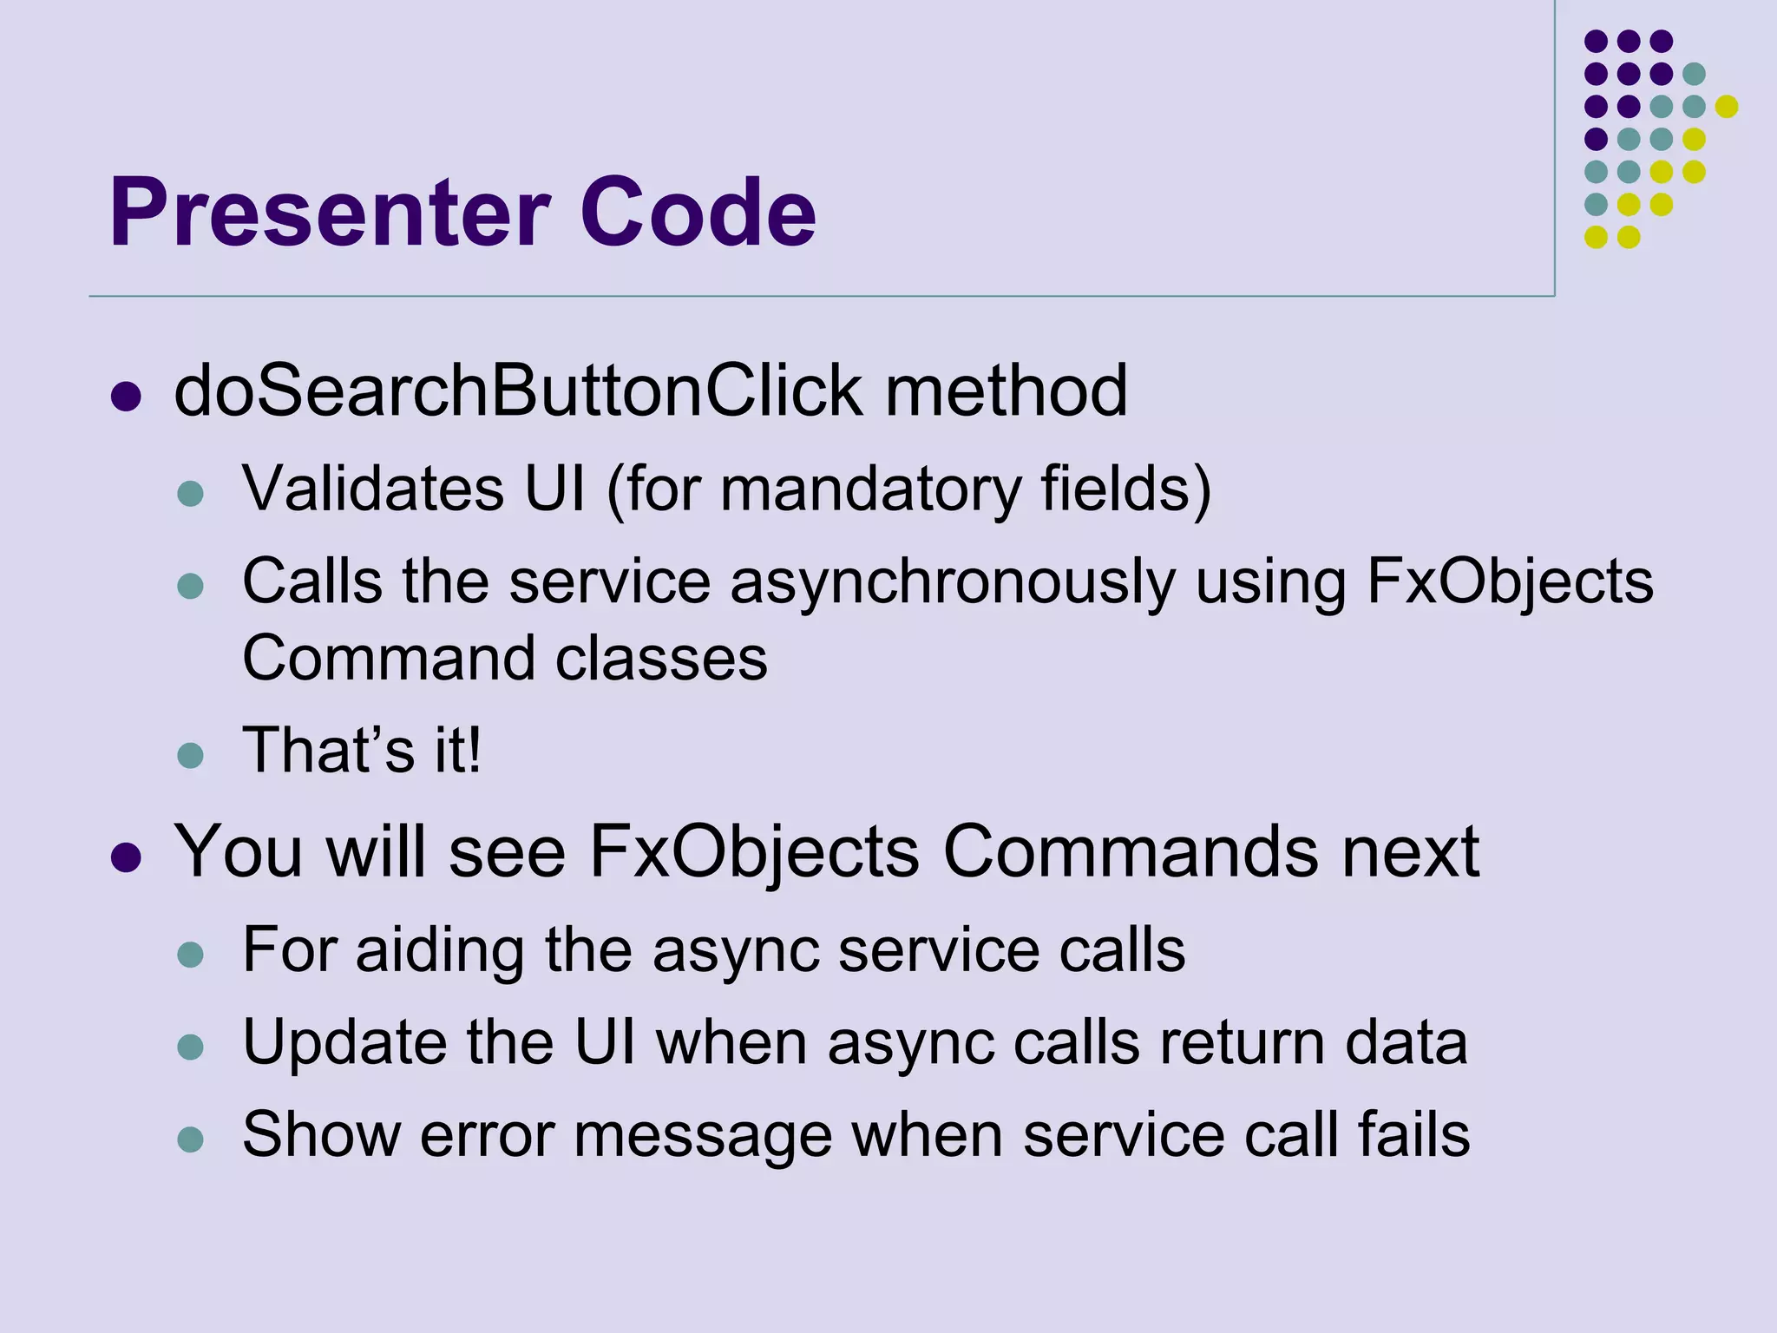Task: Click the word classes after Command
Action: pyautogui.click(x=661, y=658)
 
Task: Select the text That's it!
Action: pyautogui.click(x=362, y=750)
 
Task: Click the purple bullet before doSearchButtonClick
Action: pyautogui.click(x=127, y=397)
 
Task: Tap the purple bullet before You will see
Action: pyautogui.click(x=127, y=857)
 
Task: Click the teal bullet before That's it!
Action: pyautogui.click(x=190, y=755)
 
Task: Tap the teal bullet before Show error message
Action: pyautogui.click(x=190, y=1139)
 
